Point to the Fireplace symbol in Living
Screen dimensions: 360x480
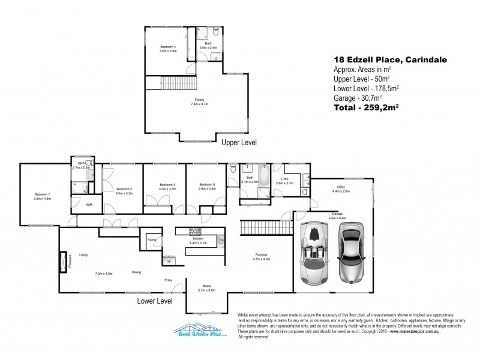click(63, 262)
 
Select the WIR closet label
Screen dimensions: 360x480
click(89, 205)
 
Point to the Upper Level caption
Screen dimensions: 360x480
click(239, 143)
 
